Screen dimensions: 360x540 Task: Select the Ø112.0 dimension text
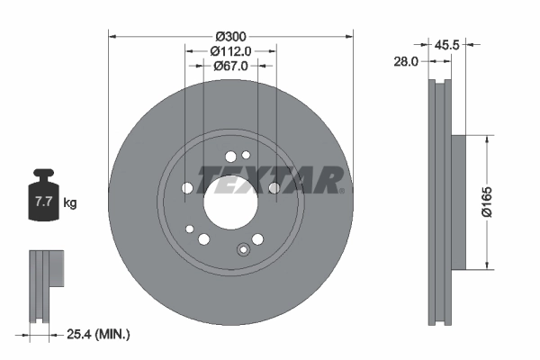[230, 51]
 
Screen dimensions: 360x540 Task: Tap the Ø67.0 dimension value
[230, 66]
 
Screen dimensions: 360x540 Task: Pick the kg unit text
[70, 203]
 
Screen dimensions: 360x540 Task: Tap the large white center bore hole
[229, 197]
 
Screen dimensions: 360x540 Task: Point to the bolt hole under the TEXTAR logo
[274, 188]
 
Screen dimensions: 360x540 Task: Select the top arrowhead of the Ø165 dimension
[488, 139]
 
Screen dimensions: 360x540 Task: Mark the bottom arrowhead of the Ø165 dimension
[488, 265]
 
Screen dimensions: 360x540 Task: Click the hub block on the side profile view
[457, 202]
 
